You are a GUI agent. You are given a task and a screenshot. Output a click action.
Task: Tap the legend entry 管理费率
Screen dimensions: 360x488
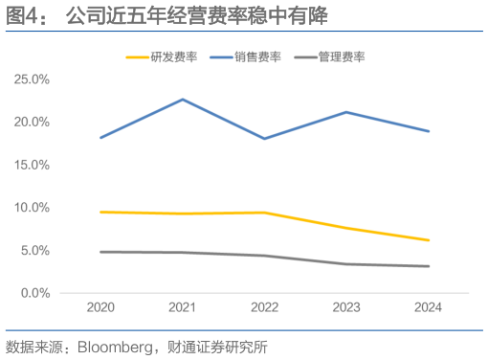click(x=343, y=56)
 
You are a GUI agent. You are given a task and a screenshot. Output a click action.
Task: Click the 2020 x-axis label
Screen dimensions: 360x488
click(x=100, y=308)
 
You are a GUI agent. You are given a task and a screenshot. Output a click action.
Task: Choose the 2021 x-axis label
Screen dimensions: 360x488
click(x=182, y=308)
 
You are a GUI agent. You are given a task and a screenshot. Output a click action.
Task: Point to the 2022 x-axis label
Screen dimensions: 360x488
click(x=264, y=308)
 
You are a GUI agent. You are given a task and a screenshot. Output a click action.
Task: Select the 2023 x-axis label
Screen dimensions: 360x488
click(x=346, y=308)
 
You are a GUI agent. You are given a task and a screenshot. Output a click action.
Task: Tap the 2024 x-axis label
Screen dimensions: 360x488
click(x=428, y=308)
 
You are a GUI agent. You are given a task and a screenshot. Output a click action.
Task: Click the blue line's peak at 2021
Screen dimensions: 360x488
click(x=182, y=100)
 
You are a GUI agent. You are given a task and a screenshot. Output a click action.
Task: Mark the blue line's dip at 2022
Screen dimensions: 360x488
click(x=264, y=139)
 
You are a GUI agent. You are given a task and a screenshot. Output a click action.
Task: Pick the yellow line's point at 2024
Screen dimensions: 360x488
click(x=428, y=240)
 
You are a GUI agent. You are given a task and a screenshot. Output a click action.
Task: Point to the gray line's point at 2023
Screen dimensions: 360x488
click(x=346, y=264)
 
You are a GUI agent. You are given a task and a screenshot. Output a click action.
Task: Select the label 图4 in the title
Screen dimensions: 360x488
click(x=23, y=15)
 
